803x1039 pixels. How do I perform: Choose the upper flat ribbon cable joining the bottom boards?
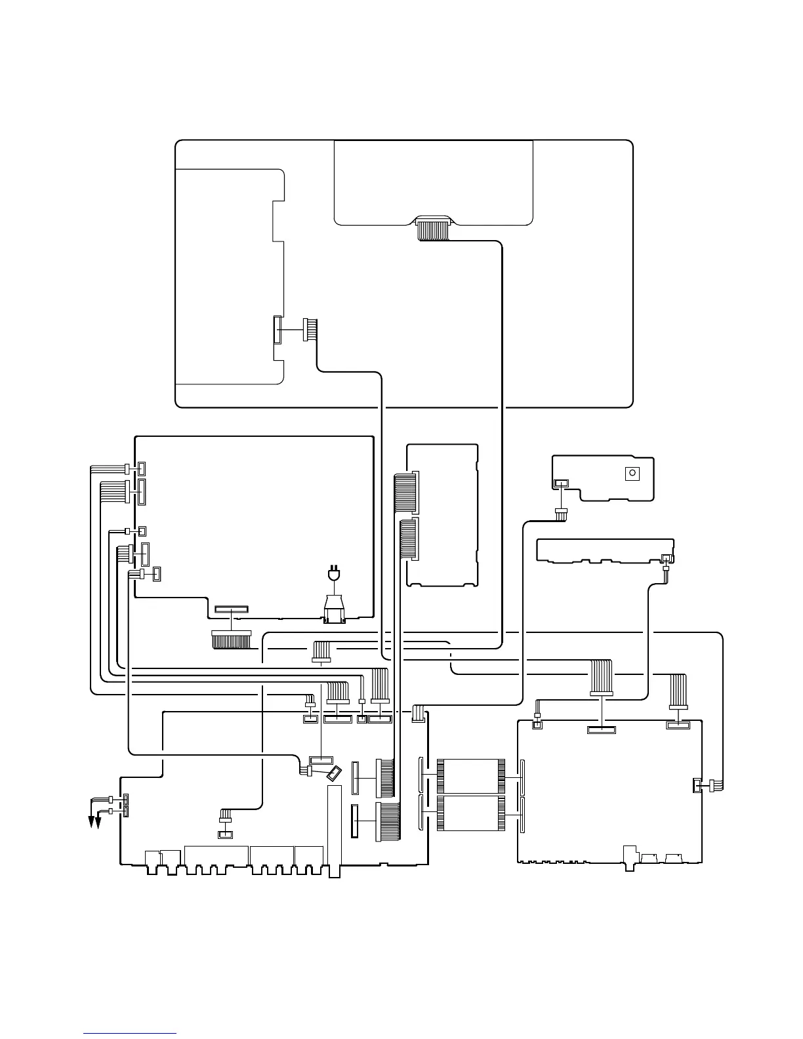[x=471, y=776]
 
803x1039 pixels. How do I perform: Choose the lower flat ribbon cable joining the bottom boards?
[x=471, y=813]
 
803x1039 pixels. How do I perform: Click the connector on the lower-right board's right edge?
[x=697, y=785]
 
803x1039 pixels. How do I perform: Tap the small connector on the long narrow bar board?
[x=667, y=558]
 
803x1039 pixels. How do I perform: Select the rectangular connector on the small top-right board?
[x=561, y=484]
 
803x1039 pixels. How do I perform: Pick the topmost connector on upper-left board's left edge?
[x=142, y=468]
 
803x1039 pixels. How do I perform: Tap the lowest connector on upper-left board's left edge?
[x=157, y=575]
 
